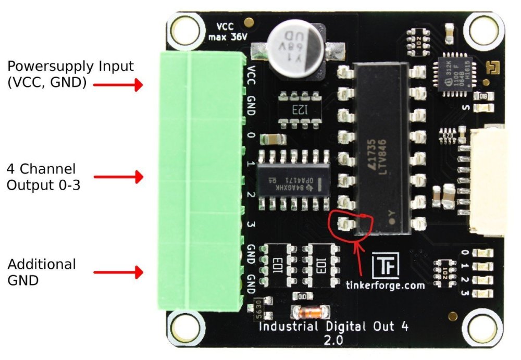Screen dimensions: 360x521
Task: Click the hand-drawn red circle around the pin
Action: [x=350, y=222]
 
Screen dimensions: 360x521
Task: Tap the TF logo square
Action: [x=386, y=266]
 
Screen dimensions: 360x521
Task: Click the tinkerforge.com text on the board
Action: [x=385, y=285]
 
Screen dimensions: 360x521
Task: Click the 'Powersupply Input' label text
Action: [x=70, y=67]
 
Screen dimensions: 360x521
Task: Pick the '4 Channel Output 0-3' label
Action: [x=44, y=177]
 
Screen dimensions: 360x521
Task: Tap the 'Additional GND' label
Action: [x=42, y=271]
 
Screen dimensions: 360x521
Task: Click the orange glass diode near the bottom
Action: [x=311, y=313]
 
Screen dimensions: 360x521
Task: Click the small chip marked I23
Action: [x=297, y=109]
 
